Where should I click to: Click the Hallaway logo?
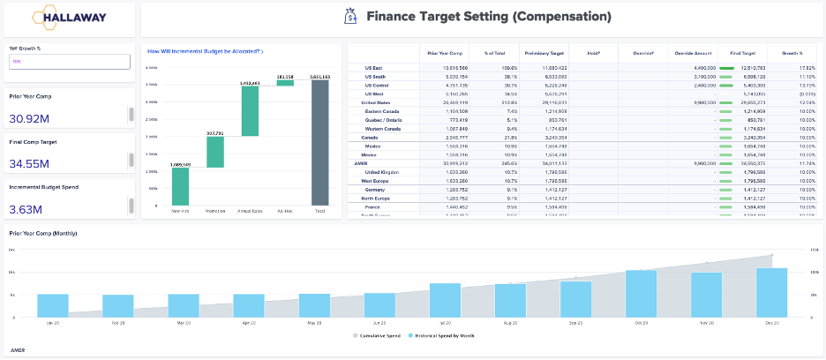(68, 17)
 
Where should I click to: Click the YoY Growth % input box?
(69, 62)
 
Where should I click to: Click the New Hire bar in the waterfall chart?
(180, 186)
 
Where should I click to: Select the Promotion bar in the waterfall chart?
(215, 151)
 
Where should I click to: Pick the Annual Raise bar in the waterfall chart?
(250, 111)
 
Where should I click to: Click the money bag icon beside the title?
(350, 17)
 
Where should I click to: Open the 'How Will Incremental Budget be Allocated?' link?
(205, 52)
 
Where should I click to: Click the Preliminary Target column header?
(544, 53)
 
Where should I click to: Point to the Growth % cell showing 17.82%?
(802, 67)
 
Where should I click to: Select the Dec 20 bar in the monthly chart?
(771, 292)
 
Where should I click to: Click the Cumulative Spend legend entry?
(379, 336)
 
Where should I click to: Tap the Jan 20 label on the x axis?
(52, 324)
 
